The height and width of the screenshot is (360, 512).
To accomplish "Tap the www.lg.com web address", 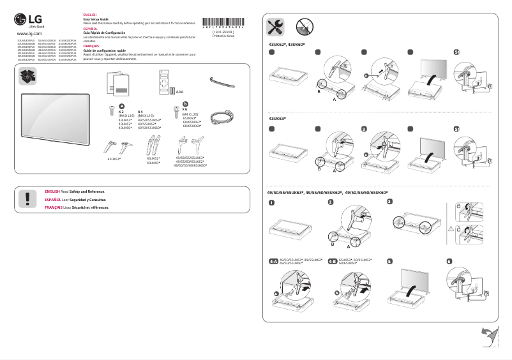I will point(29,33).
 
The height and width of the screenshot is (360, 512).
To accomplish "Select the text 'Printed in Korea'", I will point(223,36).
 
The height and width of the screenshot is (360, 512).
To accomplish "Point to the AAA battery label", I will point(179,92).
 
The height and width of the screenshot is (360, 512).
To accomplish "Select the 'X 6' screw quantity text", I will point(185,110).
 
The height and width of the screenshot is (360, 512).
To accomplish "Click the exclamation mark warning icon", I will point(27,199).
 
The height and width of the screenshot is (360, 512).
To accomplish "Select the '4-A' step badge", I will point(274,261).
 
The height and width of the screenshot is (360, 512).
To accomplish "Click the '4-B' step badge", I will point(333,261).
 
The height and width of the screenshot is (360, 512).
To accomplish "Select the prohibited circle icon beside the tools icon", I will point(304,27).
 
